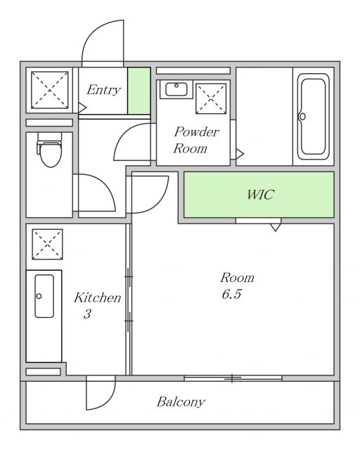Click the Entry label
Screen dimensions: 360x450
(103, 90)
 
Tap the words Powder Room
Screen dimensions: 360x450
(196, 140)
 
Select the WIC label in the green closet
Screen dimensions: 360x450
(260, 195)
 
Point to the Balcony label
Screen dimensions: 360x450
(181, 401)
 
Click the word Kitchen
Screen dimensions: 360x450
(97, 297)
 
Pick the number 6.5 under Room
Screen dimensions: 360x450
(231, 294)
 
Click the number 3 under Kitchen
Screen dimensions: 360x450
(87, 314)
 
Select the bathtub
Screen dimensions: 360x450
(313, 117)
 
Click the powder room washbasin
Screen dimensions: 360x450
(176, 89)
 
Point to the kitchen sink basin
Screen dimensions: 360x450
(44, 296)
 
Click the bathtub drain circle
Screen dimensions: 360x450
(302, 117)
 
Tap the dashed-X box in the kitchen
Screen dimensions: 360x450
(47, 244)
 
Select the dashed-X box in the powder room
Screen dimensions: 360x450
(211, 98)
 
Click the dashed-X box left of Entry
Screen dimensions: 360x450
(50, 90)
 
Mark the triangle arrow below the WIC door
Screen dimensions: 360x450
(276, 227)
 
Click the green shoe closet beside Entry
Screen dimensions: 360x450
(139, 91)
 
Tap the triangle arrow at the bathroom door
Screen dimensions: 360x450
(240, 154)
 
